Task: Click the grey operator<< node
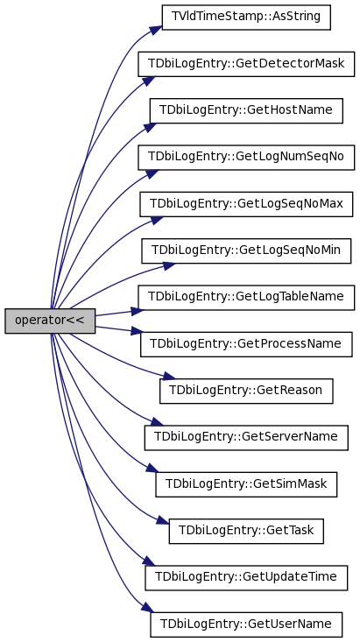(x=50, y=321)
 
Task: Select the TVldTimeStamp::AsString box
(x=246, y=18)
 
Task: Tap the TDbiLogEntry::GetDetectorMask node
(x=246, y=64)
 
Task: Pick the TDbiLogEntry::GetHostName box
(x=246, y=110)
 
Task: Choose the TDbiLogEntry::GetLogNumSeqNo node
(x=246, y=158)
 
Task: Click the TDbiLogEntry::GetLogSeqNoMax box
(x=246, y=204)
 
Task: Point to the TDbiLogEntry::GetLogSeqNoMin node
(x=246, y=251)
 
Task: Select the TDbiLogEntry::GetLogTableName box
(x=246, y=298)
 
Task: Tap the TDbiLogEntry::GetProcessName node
(x=246, y=344)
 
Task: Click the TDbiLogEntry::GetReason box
(x=246, y=391)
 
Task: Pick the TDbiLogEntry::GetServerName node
(x=246, y=438)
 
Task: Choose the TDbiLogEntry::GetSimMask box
(x=246, y=484)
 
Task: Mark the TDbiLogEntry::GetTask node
(x=246, y=531)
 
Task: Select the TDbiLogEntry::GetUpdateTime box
(x=246, y=578)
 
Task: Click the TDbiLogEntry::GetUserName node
(x=246, y=624)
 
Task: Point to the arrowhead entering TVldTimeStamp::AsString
(x=156, y=31)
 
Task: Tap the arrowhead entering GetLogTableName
(x=138, y=311)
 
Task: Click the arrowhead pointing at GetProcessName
(x=138, y=331)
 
